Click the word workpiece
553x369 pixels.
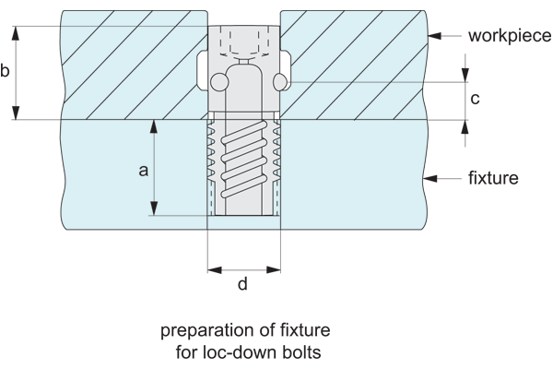510,36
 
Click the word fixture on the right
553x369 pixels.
493,178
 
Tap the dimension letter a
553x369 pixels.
143,171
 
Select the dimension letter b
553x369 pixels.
5,70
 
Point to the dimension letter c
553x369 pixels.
475,99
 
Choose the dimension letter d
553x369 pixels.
242,283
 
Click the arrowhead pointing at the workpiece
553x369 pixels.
434,36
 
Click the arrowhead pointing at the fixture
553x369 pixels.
430,179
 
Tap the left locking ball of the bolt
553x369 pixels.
219,82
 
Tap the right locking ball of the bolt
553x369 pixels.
280,82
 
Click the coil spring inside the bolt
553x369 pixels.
244,160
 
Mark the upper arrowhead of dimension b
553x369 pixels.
16,33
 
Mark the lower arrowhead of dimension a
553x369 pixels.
154,208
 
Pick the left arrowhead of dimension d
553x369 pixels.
215,270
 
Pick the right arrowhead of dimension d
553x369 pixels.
274,270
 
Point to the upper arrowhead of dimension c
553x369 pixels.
465,75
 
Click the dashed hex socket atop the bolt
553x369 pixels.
244,42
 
